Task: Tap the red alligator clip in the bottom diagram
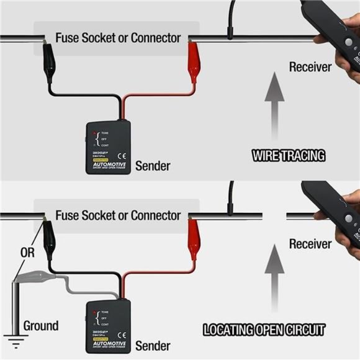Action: (194, 243)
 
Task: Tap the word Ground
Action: (41, 325)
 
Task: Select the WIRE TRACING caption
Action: (288, 155)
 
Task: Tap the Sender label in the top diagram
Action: (152, 166)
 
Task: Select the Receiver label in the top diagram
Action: (310, 66)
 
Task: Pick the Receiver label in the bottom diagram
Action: (310, 244)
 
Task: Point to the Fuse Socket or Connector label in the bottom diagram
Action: (118, 216)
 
